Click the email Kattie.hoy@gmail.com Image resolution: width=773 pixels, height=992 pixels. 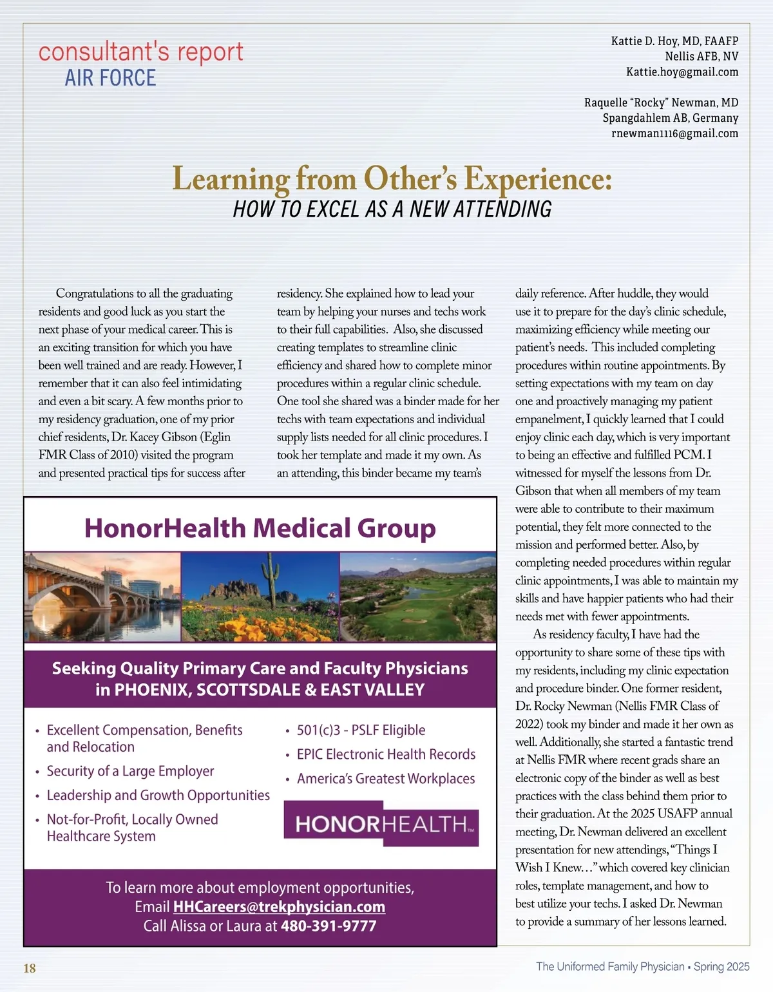click(x=682, y=72)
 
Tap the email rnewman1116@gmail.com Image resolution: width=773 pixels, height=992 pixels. click(x=674, y=133)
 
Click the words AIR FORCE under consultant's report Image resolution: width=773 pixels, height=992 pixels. click(x=110, y=78)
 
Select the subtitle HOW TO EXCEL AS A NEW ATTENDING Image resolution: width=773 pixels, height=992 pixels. click(x=392, y=209)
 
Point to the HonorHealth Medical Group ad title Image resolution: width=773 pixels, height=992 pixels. click(x=260, y=528)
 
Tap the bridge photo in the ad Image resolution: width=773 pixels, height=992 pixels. click(x=102, y=596)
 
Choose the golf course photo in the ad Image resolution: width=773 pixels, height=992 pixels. click(x=417, y=596)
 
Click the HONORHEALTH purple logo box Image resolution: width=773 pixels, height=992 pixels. click(x=381, y=824)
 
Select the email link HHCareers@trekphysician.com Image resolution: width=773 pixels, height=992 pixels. click(x=279, y=907)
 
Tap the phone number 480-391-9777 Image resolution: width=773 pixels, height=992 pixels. click(x=329, y=926)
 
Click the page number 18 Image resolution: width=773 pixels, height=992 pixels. click(x=30, y=968)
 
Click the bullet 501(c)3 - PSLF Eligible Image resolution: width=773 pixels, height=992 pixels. click(x=361, y=730)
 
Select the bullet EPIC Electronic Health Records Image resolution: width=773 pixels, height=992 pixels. click(x=386, y=754)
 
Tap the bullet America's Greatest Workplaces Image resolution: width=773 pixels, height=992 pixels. click(x=385, y=779)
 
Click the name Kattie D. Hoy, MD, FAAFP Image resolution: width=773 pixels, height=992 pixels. click(x=674, y=41)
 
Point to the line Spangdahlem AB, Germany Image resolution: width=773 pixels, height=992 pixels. click(x=670, y=118)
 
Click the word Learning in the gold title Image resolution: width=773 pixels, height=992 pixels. click(x=231, y=179)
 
